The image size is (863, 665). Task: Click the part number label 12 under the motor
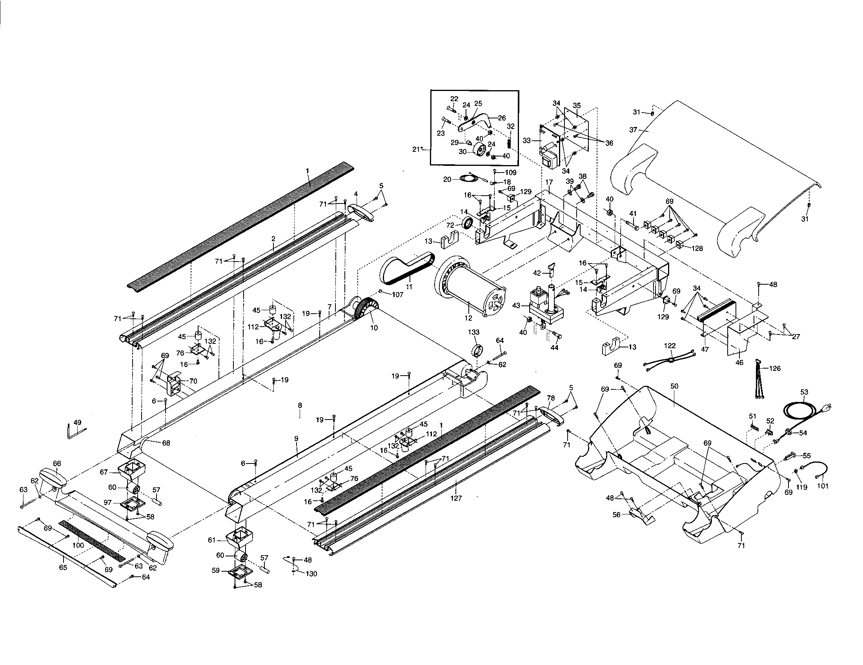468,318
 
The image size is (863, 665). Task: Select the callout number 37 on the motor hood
634,130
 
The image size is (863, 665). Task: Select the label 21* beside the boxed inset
417,149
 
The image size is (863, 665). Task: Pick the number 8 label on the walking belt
300,405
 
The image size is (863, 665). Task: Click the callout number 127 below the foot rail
456,498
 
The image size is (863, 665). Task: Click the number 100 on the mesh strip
78,545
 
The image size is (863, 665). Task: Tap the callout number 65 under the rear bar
63,568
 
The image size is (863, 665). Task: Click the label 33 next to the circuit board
526,140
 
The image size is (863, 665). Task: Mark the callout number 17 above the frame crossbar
549,182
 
